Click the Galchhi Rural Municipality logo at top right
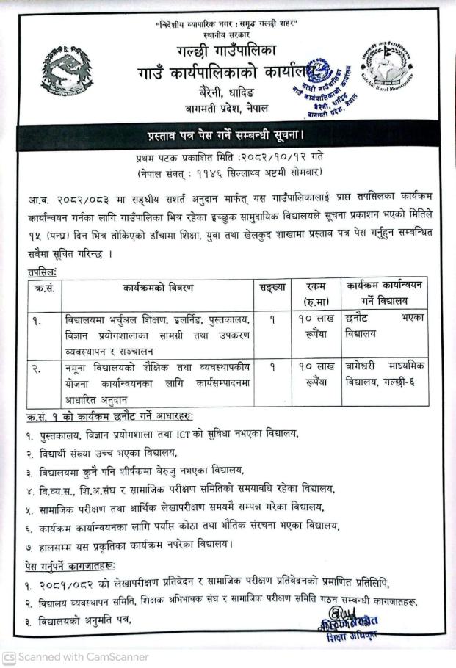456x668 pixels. pyautogui.click(x=390, y=72)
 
